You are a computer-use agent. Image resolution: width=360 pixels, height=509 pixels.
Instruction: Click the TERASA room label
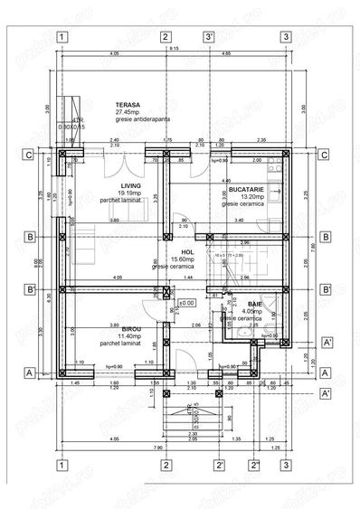127,104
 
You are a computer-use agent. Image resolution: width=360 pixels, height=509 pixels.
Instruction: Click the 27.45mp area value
127,111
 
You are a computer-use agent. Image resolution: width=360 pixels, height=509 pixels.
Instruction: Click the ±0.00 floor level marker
187,303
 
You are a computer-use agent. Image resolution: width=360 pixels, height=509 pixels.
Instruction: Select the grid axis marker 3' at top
209,37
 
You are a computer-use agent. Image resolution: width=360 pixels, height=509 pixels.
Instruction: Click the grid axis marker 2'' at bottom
256,466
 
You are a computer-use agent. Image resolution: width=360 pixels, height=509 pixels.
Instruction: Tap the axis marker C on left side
30,155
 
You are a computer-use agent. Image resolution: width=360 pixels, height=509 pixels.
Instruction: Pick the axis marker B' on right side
325,289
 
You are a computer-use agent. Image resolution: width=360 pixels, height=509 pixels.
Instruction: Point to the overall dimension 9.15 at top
174,48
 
